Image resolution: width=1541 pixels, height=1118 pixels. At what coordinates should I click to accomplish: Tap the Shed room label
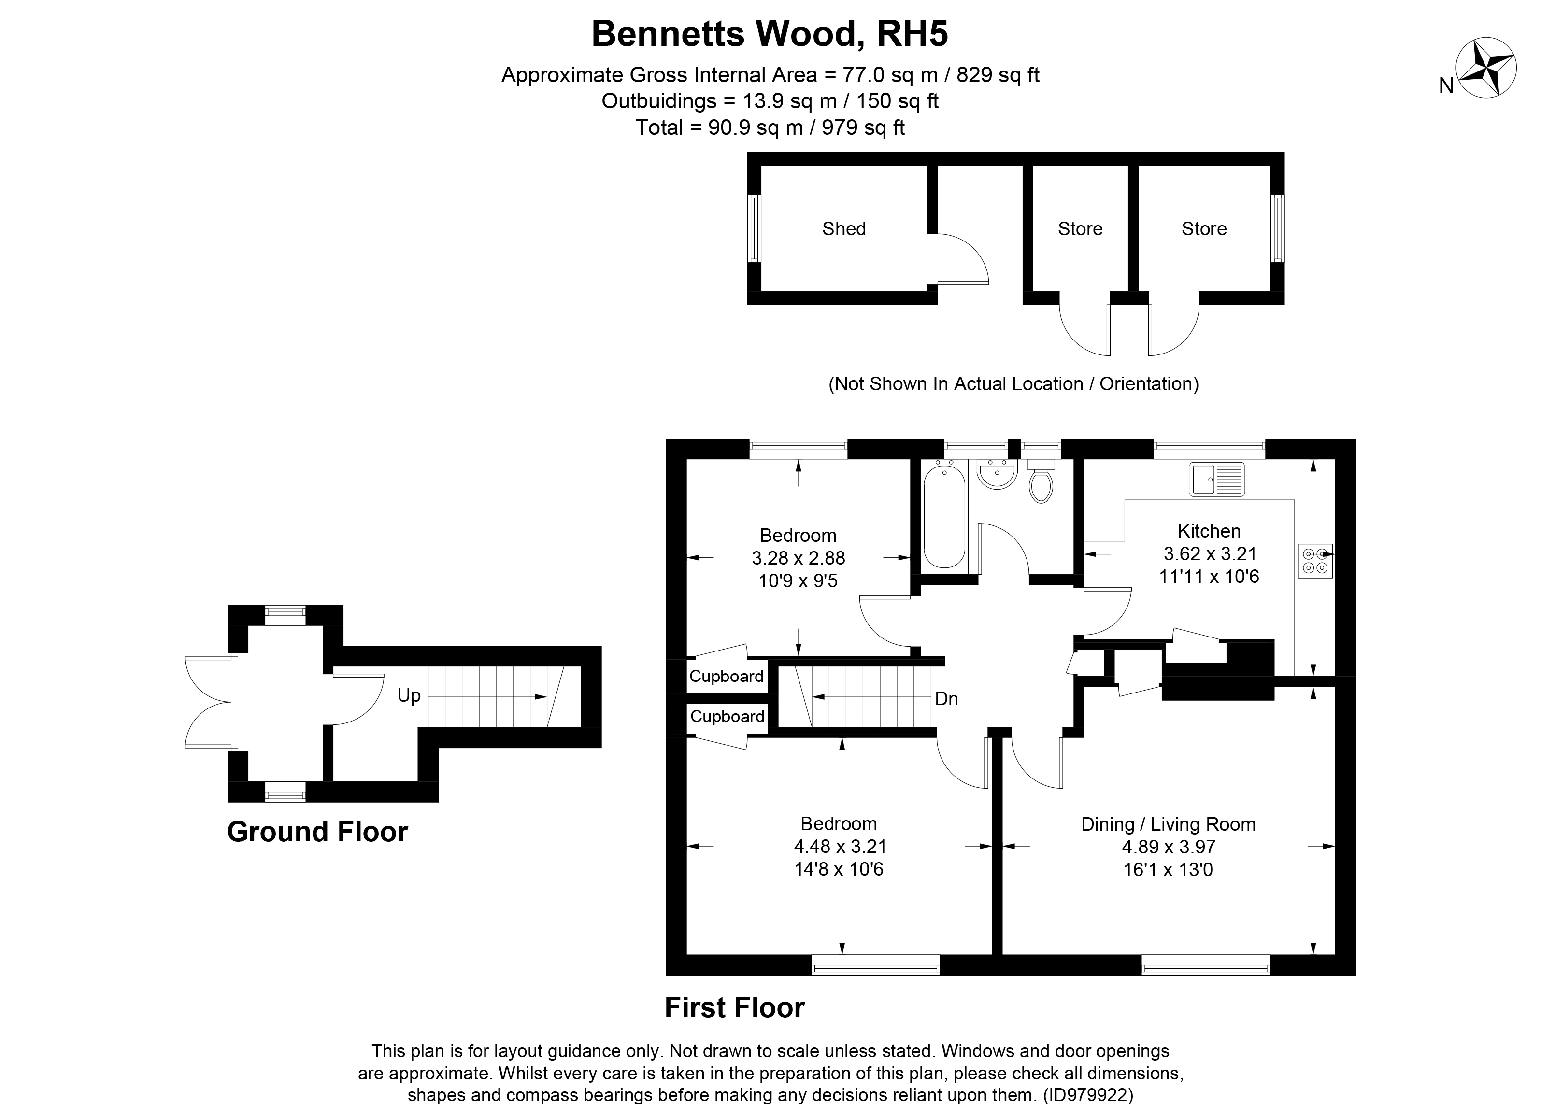click(844, 229)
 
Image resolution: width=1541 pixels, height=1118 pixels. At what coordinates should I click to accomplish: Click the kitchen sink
click(1217, 479)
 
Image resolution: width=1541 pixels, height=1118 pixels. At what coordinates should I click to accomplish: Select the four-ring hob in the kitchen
click(1315, 561)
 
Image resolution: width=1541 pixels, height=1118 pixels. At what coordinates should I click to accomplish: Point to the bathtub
click(944, 514)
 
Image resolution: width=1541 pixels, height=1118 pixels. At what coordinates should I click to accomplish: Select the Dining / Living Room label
click(1169, 824)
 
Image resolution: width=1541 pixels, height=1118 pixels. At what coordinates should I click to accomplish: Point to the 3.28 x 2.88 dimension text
click(799, 558)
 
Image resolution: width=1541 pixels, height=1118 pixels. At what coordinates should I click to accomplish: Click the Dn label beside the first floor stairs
click(946, 699)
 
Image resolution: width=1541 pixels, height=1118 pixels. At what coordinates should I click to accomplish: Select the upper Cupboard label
click(727, 677)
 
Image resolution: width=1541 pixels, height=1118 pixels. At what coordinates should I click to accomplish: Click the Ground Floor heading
click(317, 832)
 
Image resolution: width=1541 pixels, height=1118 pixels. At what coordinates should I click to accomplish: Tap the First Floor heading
click(734, 1008)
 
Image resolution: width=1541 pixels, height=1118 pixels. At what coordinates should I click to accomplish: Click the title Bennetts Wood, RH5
click(770, 33)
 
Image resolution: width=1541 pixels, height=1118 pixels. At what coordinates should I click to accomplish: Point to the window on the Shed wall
click(754, 228)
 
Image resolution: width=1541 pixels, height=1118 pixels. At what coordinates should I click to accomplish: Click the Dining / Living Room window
click(1205, 965)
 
